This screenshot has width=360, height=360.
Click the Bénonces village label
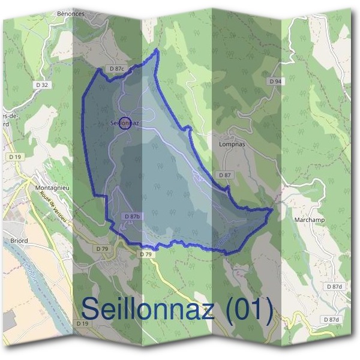(x=71, y=13)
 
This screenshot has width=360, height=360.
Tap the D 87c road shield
(x=117, y=70)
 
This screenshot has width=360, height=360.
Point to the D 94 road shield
(x=275, y=81)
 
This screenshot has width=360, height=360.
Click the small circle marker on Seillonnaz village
(x=125, y=123)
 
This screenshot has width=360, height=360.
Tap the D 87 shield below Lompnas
(x=224, y=175)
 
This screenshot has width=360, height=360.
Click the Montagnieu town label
(x=53, y=187)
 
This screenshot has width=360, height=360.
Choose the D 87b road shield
(x=132, y=216)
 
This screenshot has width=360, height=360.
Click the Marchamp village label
(x=310, y=220)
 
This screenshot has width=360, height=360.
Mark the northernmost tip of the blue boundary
(x=157, y=50)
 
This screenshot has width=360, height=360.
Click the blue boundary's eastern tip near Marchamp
(x=272, y=209)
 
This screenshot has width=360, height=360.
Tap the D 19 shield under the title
(x=83, y=323)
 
